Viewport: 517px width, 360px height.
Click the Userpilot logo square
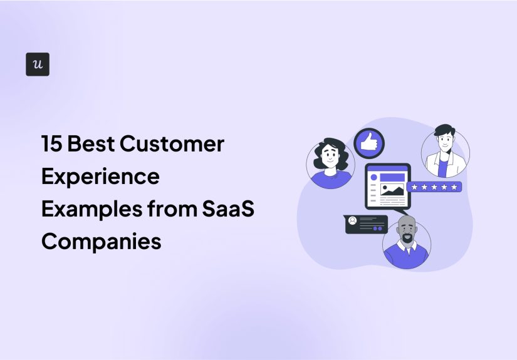click(38, 64)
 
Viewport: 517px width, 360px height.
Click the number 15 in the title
click(51, 144)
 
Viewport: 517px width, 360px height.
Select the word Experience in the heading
click(100, 177)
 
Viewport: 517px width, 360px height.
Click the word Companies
click(101, 241)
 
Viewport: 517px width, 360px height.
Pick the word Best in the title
click(91, 144)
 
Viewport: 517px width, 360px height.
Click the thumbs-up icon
click(369, 143)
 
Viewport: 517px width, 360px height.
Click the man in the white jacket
click(444, 152)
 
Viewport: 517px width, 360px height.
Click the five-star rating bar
click(434, 187)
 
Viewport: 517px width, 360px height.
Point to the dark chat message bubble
click(366, 224)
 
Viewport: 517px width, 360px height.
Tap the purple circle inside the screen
click(373, 177)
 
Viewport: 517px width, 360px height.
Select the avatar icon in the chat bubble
click(353, 220)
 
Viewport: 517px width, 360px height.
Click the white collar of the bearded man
click(405, 247)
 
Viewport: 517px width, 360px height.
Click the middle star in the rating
click(434, 187)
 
